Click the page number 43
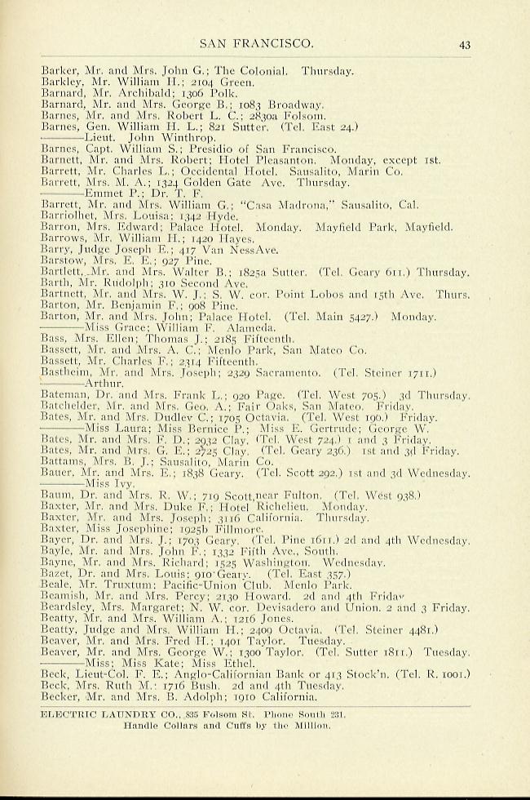pyautogui.click(x=465, y=45)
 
